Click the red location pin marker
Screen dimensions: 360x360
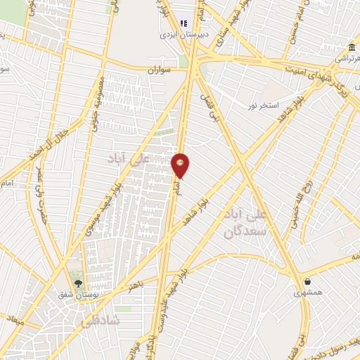(x=181, y=165)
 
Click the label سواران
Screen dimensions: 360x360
(x=160, y=70)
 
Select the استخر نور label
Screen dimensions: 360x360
(x=260, y=105)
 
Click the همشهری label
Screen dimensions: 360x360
(x=308, y=291)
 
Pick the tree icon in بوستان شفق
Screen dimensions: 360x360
(x=77, y=283)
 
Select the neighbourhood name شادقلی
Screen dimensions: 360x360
(x=106, y=319)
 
